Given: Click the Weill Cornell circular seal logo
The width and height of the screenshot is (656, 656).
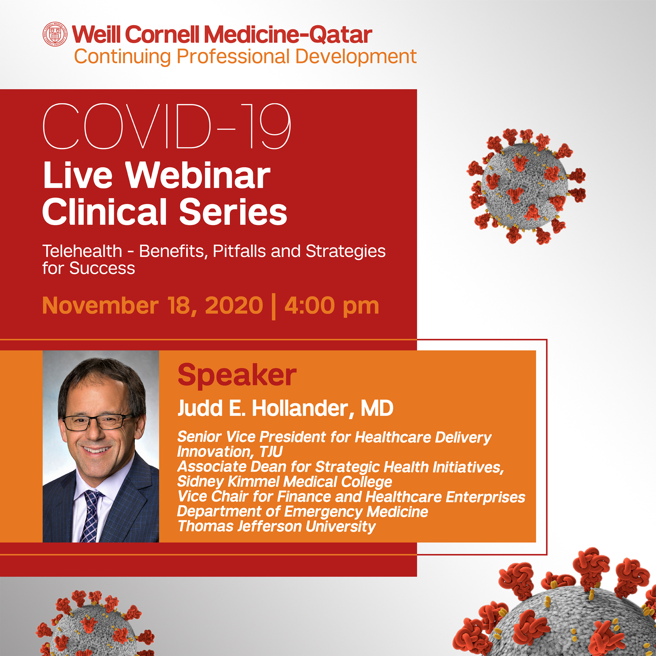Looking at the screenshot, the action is click(x=55, y=34).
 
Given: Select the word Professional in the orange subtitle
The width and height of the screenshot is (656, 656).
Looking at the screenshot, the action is click(x=232, y=56).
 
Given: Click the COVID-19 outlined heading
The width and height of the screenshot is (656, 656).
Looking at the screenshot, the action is click(x=167, y=126).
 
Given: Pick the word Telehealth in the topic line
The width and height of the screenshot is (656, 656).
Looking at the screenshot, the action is click(x=82, y=252).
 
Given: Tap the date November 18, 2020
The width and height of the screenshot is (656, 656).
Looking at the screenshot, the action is click(x=152, y=306).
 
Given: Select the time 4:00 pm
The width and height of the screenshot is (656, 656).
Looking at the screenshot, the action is click(x=332, y=306).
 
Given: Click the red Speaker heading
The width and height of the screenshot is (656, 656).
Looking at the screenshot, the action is click(x=237, y=375).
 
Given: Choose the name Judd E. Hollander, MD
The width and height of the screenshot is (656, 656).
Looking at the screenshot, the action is click(x=285, y=408).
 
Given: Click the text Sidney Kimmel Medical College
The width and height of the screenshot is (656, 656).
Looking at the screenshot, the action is click(x=285, y=481).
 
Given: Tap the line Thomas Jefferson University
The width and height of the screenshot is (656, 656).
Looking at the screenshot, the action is click(x=276, y=526).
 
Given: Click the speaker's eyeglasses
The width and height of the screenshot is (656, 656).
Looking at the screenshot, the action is click(x=98, y=423).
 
